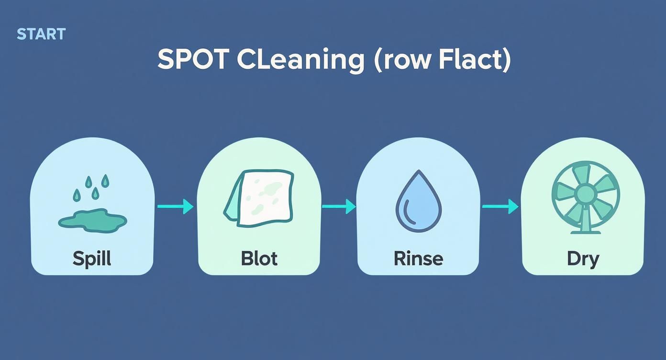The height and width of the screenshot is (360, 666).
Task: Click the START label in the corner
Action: tap(41, 34)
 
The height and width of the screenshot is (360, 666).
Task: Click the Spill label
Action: tap(92, 259)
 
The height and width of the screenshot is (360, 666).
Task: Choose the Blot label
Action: tap(259, 259)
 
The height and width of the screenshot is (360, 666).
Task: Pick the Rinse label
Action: tap(418, 259)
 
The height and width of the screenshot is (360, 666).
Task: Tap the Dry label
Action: tap(583, 259)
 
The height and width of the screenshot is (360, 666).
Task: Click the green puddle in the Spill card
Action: tap(92, 220)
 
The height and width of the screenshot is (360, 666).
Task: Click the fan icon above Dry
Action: tap(585, 196)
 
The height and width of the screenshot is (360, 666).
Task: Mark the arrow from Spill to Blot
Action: tap(175, 207)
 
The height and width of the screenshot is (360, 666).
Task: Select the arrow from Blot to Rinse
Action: tap(339, 207)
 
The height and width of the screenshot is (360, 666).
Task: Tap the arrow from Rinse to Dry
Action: tap(500, 207)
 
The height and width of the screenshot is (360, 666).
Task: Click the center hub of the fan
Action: tap(585, 194)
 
